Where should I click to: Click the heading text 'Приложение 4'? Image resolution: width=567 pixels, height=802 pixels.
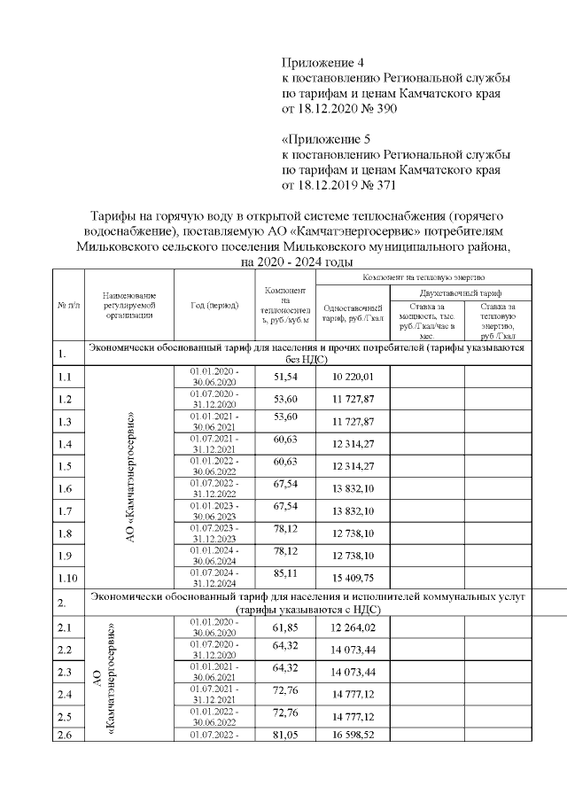click(322, 63)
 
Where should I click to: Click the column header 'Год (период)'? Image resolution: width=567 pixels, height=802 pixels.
click(214, 306)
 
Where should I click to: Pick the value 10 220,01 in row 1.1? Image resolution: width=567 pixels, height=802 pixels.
click(353, 377)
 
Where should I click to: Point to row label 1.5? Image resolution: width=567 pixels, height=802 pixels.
click(64, 465)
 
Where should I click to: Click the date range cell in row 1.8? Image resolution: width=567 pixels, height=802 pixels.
click(214, 532)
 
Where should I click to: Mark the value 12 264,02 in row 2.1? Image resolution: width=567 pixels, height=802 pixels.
click(353, 627)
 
